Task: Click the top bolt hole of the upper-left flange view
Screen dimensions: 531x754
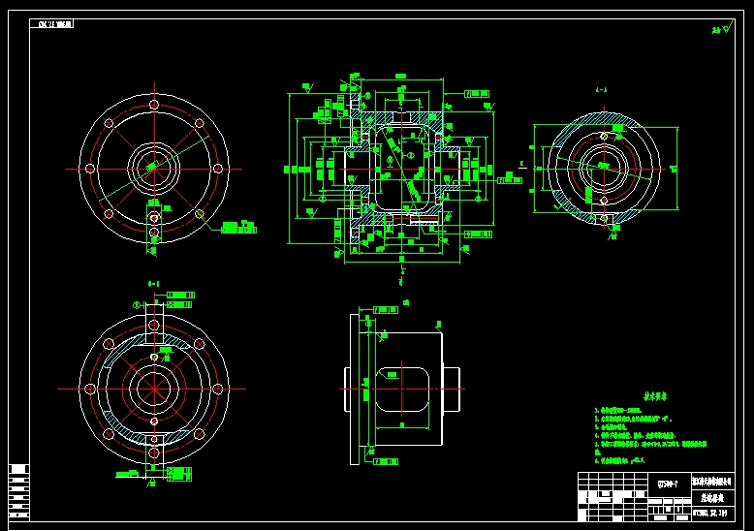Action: coord(153,103)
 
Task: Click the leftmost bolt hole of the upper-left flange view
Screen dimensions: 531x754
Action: coord(89,168)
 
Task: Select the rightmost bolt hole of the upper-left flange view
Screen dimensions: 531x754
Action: coord(219,168)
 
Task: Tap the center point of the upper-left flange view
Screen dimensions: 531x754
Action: coord(153,168)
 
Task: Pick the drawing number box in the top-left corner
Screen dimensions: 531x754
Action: coord(56,23)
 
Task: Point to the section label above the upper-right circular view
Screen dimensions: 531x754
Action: coord(602,89)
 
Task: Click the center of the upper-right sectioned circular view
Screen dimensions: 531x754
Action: coord(603,167)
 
